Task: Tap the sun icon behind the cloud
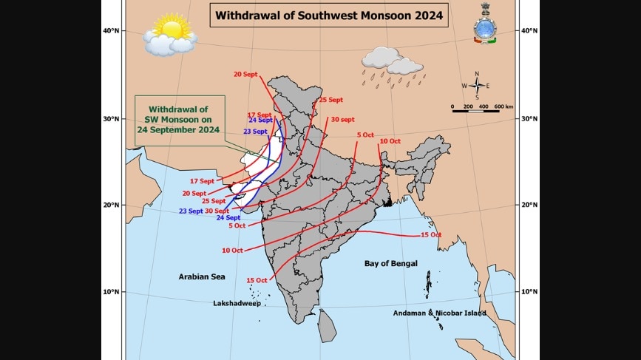coord(172,29)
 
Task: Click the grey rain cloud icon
coord(392,61)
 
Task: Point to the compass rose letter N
coord(477,73)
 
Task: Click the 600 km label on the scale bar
coord(503,106)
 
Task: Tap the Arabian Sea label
coord(201,276)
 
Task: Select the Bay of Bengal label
coord(390,263)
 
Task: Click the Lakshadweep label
coord(237,303)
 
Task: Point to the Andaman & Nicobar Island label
coord(440,313)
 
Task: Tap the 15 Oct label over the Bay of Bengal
coord(430,234)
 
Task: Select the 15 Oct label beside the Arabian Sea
coord(256,280)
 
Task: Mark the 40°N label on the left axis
coord(112,30)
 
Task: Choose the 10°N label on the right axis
coord(530,292)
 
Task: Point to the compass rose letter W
coord(464,86)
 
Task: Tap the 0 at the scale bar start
coord(452,106)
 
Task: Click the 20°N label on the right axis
coord(530,205)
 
